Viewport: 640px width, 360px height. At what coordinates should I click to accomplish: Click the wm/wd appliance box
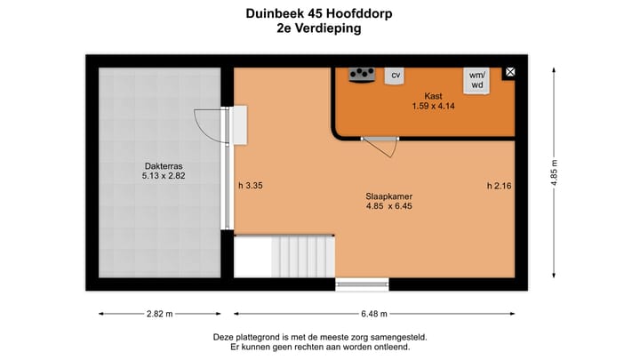tap(477, 81)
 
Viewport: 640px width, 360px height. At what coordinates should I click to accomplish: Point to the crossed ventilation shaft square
tap(510, 73)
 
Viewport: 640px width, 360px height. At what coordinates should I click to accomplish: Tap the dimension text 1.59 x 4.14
tap(433, 106)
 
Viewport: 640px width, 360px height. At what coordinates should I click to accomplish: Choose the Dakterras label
tap(164, 165)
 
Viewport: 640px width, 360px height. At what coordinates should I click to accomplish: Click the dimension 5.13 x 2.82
tap(164, 177)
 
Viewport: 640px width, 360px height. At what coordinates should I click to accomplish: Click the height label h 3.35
tap(252, 186)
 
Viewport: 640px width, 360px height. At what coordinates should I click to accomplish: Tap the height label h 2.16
tap(500, 186)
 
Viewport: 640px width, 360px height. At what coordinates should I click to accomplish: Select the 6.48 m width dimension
tap(373, 314)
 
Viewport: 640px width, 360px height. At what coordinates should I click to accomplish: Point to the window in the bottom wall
tap(362, 284)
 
